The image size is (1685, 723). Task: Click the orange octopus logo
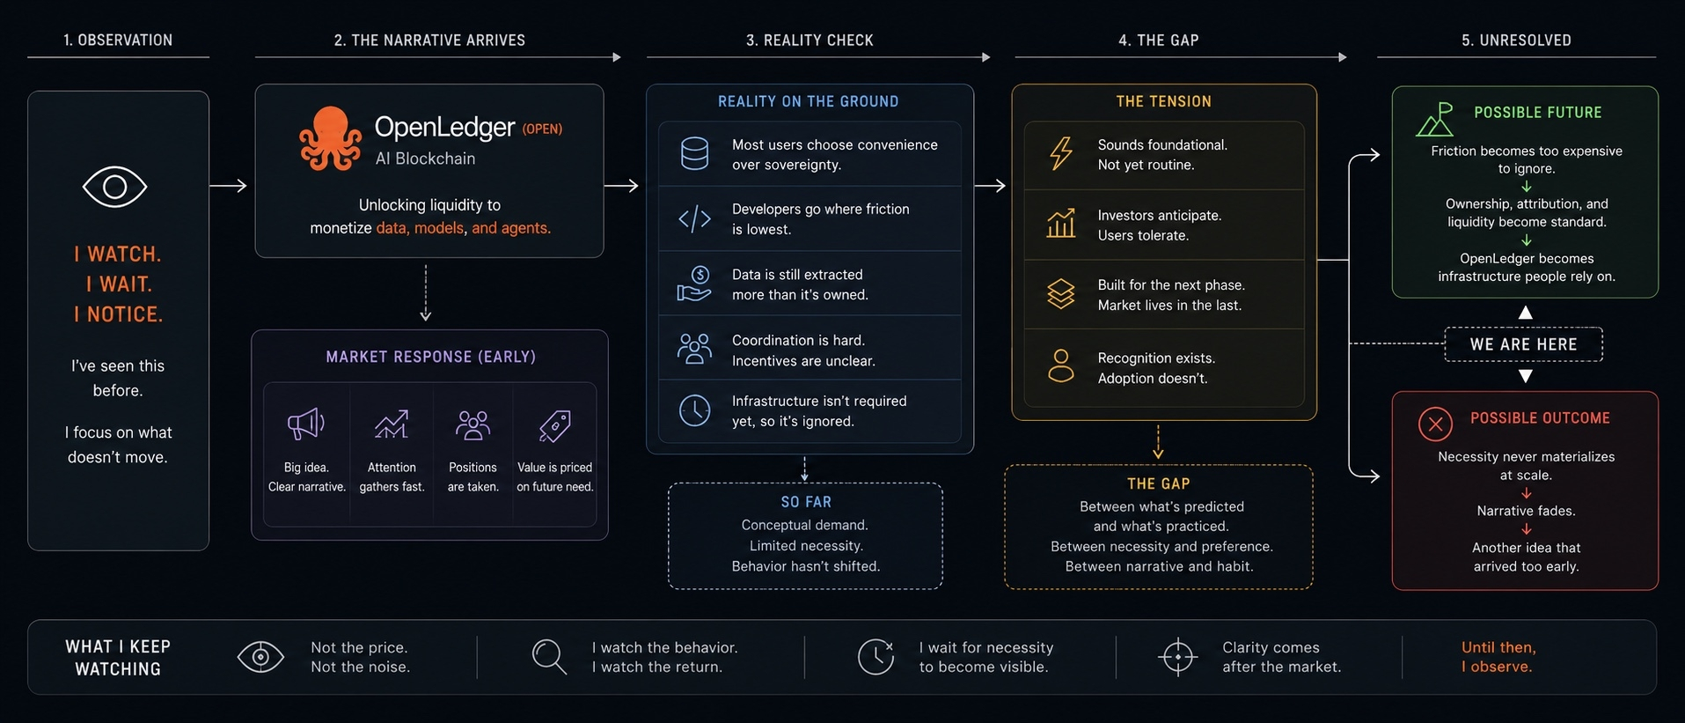[x=330, y=138]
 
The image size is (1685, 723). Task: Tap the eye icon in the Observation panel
[x=114, y=187]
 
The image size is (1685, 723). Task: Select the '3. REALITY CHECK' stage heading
[x=810, y=41]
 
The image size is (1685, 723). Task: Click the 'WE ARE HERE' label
[x=1523, y=344]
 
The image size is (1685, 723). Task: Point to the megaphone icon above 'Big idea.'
[x=306, y=424]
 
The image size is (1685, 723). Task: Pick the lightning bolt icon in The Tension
[x=1061, y=153]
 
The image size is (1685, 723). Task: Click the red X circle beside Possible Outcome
[x=1435, y=424]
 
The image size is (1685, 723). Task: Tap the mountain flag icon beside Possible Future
[x=1435, y=119]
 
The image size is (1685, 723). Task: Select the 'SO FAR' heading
[x=806, y=502]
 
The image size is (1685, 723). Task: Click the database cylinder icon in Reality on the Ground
[x=694, y=153]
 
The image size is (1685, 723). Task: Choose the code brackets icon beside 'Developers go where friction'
[x=694, y=218]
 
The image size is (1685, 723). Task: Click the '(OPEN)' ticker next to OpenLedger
[x=542, y=129]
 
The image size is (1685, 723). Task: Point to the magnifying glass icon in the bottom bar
[x=549, y=657]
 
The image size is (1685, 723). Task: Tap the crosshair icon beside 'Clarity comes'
[x=1177, y=657]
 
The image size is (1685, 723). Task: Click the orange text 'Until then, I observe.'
[x=1498, y=657]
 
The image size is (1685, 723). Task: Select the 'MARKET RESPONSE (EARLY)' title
[x=430, y=357]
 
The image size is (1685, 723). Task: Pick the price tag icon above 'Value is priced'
[x=554, y=426]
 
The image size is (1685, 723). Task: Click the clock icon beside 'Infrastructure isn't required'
[x=694, y=410]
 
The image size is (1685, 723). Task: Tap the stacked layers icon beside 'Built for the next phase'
[x=1061, y=294]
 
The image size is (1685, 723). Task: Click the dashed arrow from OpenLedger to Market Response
[x=426, y=293]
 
